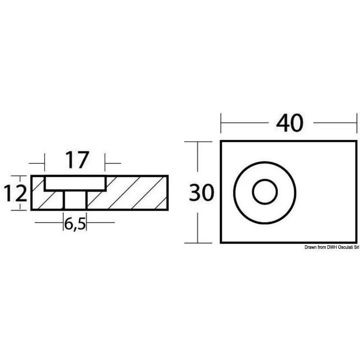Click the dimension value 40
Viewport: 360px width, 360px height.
(x=290, y=123)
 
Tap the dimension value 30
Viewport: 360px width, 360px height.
(x=201, y=193)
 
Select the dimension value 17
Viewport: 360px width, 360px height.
(x=77, y=160)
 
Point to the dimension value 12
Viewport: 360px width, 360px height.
(x=15, y=193)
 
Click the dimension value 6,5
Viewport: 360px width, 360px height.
(x=75, y=224)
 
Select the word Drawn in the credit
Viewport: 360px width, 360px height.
(x=310, y=247)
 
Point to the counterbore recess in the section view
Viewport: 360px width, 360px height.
(x=75, y=184)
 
